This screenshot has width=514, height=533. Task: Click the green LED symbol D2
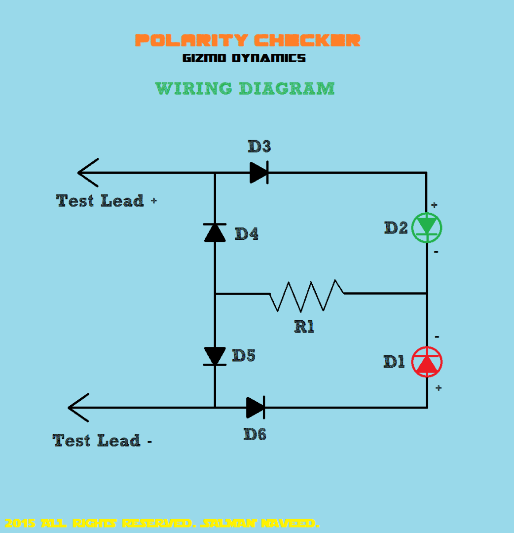[x=427, y=228]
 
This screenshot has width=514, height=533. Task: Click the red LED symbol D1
[x=427, y=362]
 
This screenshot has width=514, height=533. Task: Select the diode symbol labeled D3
[x=259, y=173]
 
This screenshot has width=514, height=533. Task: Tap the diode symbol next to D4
[x=215, y=232]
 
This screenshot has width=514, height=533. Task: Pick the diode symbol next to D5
[x=215, y=355]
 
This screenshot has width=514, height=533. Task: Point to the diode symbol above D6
[x=256, y=407]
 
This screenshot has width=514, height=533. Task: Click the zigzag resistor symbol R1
[x=306, y=295]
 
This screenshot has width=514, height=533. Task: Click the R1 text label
[x=304, y=326]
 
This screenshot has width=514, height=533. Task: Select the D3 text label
[x=259, y=147]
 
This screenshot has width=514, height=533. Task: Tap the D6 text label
[x=255, y=434]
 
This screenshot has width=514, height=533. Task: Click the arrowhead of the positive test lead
[x=88, y=172]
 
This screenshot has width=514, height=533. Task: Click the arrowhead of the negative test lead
[x=78, y=407]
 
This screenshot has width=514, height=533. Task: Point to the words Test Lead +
[x=107, y=201]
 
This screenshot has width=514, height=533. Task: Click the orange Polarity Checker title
[x=248, y=40]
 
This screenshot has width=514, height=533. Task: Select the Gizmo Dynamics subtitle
[x=244, y=58]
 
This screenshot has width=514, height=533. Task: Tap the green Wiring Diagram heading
[x=245, y=89]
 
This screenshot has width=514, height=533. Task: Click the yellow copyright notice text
[x=162, y=523]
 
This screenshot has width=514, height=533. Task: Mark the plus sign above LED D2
[x=434, y=205]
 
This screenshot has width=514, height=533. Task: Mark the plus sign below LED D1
[x=438, y=388]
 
